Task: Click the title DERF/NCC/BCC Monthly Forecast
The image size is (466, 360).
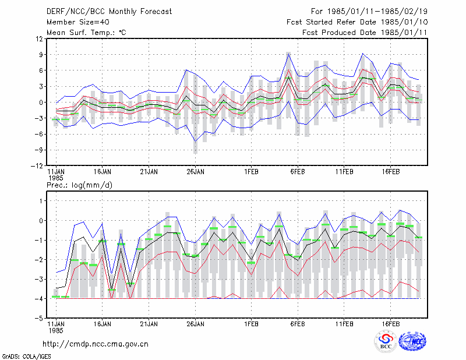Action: [x=109, y=12]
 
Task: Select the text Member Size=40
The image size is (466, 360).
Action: [x=78, y=22]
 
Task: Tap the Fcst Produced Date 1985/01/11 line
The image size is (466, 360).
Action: [x=365, y=33]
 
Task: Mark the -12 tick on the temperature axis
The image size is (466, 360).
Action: [x=37, y=166]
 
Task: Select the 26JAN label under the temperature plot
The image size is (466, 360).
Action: [x=195, y=172]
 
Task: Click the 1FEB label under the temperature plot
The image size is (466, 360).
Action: [x=251, y=172]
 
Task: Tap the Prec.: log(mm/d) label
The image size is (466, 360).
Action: [x=79, y=185]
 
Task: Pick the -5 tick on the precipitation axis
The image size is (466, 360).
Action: [x=39, y=318]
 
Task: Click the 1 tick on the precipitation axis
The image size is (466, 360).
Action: [x=41, y=201]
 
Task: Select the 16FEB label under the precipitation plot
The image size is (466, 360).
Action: [x=390, y=324]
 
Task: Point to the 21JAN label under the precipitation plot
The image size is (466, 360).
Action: [x=149, y=324]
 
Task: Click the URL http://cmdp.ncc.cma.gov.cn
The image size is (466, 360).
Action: [x=96, y=344]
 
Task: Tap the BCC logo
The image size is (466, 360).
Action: [x=386, y=341]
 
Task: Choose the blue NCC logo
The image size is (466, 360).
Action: [x=412, y=341]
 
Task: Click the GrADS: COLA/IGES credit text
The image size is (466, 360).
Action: [x=26, y=357]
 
